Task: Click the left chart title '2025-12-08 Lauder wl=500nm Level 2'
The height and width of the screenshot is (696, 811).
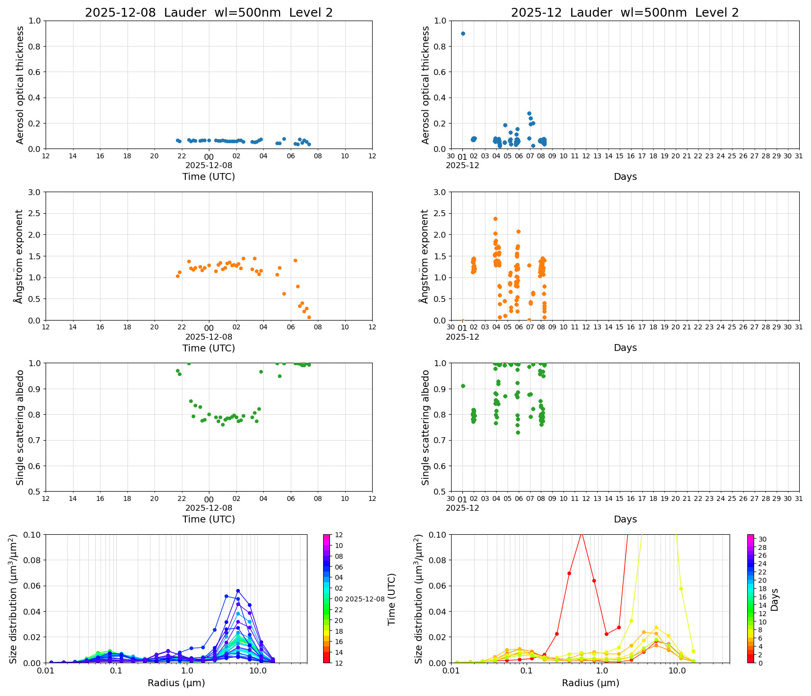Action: (209, 13)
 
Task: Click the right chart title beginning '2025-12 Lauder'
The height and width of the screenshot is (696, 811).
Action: (625, 13)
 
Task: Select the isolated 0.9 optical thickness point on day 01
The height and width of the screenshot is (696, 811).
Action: (463, 33)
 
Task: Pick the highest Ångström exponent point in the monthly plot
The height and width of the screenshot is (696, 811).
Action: (495, 219)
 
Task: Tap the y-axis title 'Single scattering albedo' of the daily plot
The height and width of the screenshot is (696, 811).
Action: (20, 427)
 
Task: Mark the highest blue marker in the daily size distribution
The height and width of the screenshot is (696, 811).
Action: (238, 591)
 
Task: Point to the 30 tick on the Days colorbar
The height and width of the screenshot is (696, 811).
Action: (762, 539)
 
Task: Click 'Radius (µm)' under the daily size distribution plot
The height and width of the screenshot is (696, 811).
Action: (176, 683)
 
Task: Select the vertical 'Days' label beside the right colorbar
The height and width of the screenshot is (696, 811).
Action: (775, 599)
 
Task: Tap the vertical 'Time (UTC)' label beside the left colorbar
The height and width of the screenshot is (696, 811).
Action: (391, 599)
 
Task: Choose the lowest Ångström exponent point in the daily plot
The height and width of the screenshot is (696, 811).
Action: (309, 317)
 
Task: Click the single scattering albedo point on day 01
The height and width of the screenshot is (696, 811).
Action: (463, 386)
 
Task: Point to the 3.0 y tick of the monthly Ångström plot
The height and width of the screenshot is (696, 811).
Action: (440, 192)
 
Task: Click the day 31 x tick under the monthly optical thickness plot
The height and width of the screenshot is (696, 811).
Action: (799, 156)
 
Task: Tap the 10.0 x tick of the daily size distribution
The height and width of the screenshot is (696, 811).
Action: (257, 671)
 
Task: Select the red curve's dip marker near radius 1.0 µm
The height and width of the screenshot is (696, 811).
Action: (607, 634)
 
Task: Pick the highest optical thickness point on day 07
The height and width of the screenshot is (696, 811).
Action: (529, 113)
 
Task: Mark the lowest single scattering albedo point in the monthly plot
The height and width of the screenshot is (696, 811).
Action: (518, 432)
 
